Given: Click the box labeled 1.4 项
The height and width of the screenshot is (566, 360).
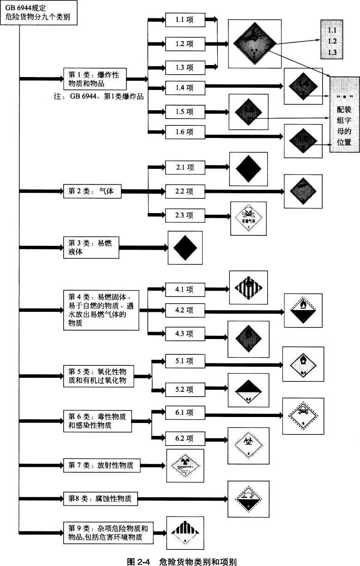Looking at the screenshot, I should (x=184, y=86).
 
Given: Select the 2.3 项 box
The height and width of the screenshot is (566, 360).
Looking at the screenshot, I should (x=184, y=215).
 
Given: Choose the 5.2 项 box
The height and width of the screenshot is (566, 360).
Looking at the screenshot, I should (x=184, y=390).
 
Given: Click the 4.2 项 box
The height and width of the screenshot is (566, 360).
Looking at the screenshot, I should (x=184, y=311).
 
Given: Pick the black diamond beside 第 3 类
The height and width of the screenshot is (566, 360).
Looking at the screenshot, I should (x=185, y=248).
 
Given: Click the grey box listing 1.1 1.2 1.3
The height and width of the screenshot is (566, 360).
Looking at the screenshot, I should (x=332, y=41).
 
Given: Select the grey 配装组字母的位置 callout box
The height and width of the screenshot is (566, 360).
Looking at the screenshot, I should (x=344, y=113).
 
